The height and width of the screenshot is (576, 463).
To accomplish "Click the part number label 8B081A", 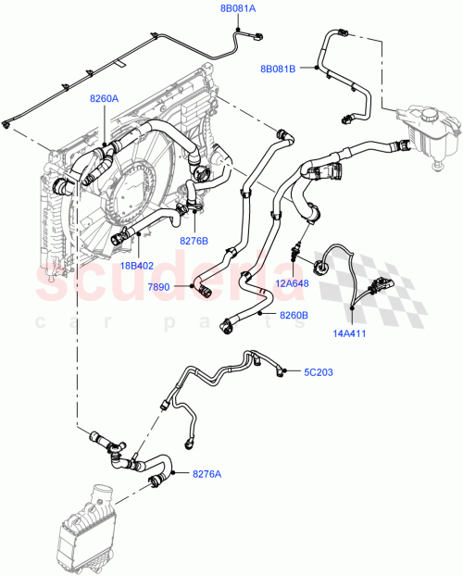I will (237, 8).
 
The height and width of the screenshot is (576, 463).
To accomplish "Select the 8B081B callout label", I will (279, 68).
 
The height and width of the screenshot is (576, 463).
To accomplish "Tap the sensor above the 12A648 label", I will (295, 247).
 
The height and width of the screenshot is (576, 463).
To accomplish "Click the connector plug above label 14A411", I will (380, 283).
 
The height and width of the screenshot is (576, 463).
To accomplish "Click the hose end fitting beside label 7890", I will (201, 290).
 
